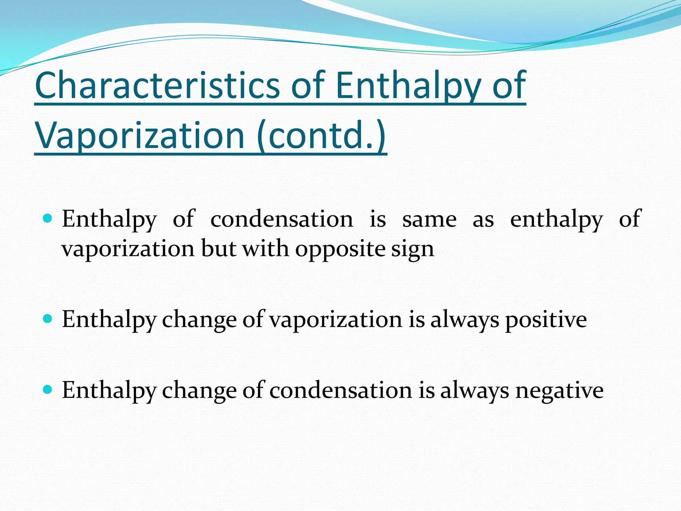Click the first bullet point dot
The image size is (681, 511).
pyautogui.click(x=48, y=218)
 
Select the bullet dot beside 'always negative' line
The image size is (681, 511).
pyautogui.click(x=48, y=390)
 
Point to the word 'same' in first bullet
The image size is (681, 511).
pyautogui.click(x=429, y=220)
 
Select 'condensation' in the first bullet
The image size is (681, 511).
pyautogui.click(x=282, y=220)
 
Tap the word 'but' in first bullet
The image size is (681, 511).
pyautogui.click(x=218, y=249)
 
